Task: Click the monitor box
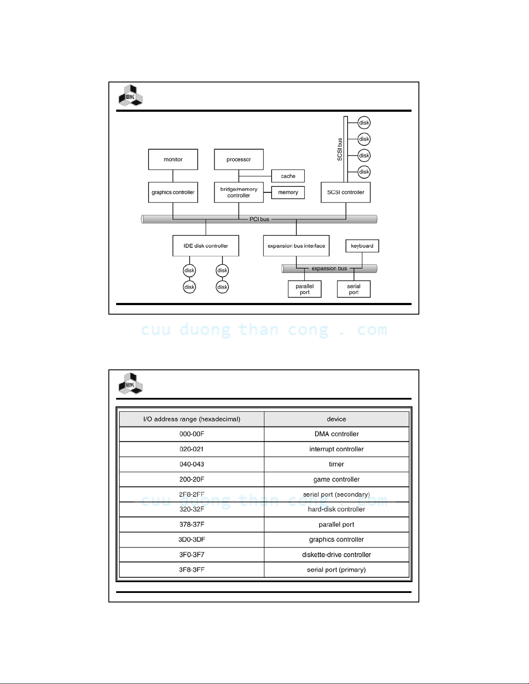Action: tap(173, 159)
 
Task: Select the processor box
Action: tap(239, 159)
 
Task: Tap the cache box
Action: tap(288, 176)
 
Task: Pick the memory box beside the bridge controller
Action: tap(288, 192)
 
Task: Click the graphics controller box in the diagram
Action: tap(173, 192)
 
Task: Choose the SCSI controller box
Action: tap(345, 192)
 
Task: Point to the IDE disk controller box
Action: tap(206, 246)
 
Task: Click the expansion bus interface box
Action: tap(296, 246)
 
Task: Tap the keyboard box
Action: tap(362, 246)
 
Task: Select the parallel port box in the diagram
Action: tap(304, 289)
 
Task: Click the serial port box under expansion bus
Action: tap(354, 289)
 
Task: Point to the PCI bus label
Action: tap(259, 219)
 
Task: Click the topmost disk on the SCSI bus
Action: tap(364, 123)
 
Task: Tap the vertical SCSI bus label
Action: tap(340, 149)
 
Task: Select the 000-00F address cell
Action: tap(192, 434)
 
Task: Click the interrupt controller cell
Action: tap(336, 449)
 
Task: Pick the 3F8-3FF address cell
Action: tap(192, 570)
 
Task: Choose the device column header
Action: tap(336, 419)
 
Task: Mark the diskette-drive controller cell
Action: tap(336, 555)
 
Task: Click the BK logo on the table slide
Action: tap(130, 383)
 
